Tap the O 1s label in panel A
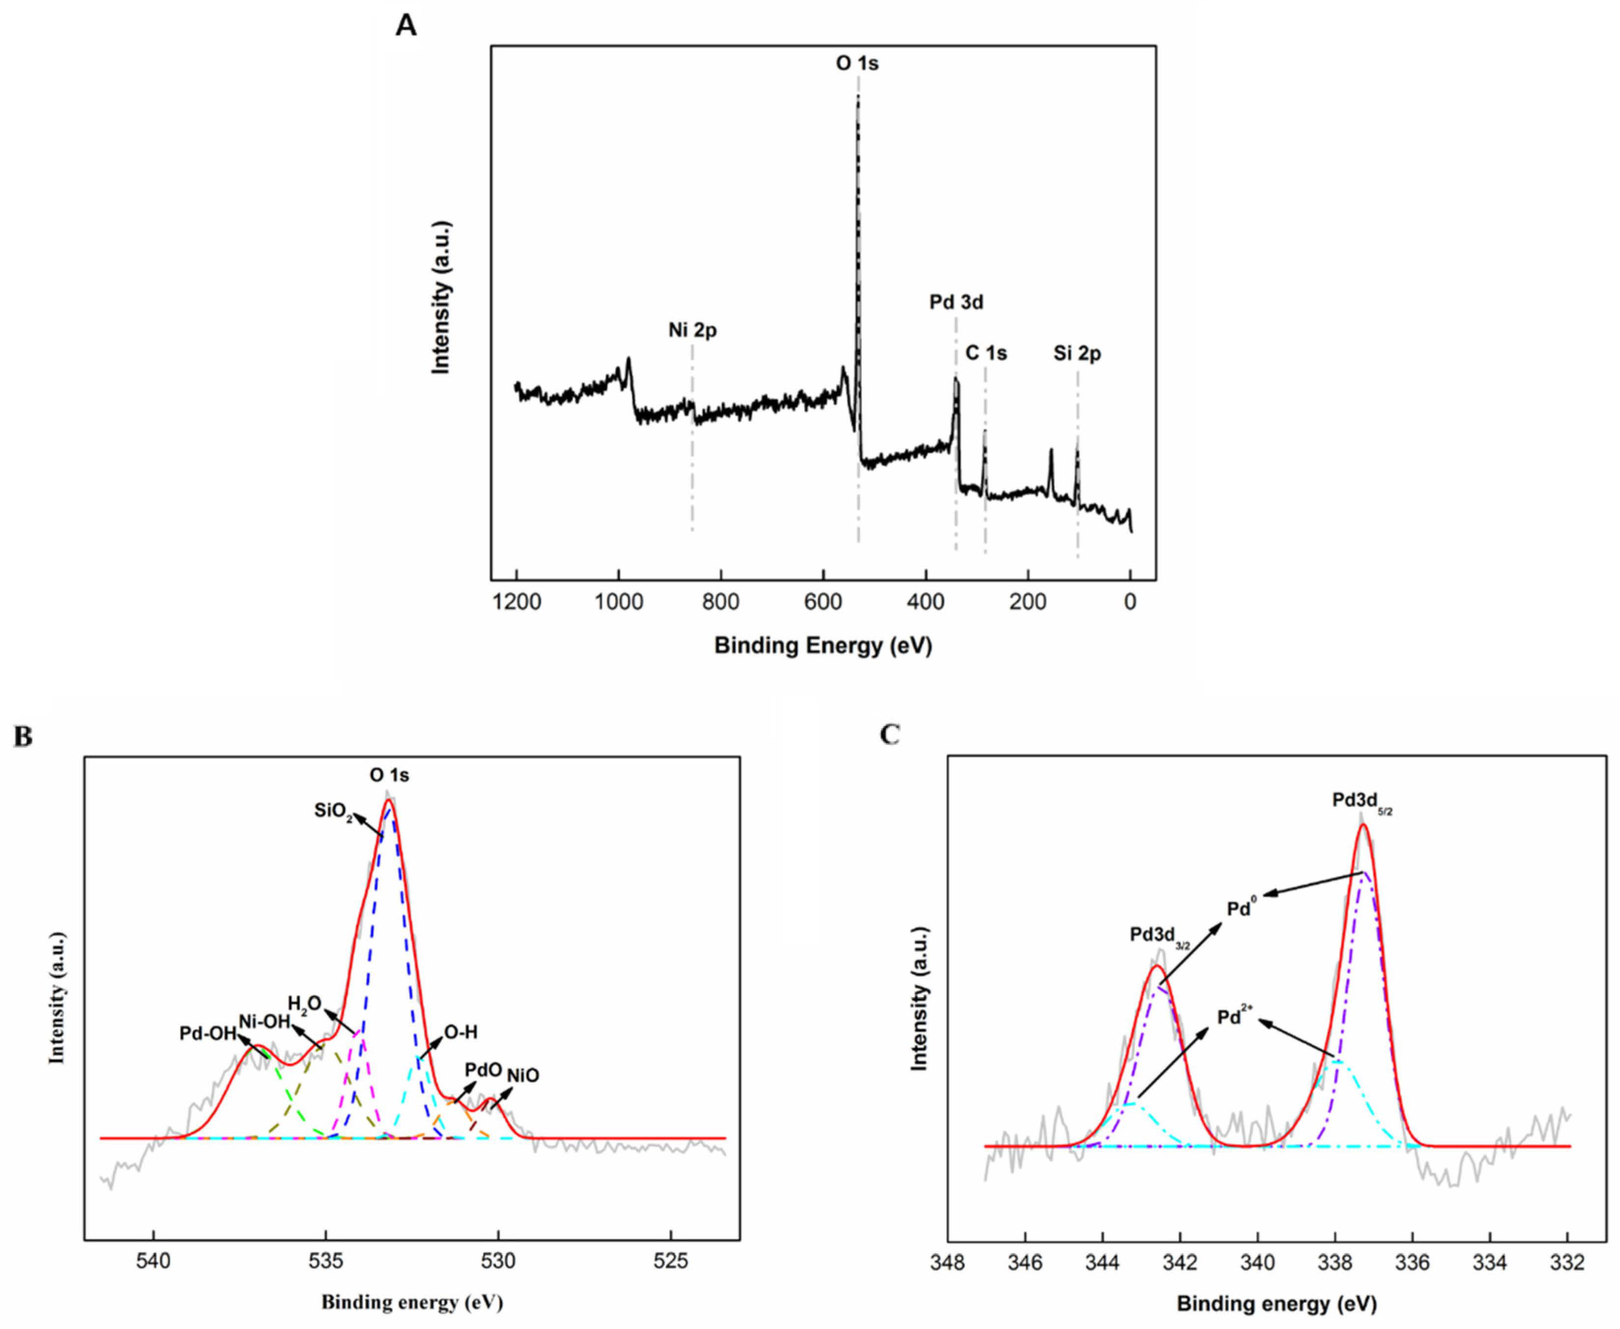(857, 63)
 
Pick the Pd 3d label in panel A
(956, 303)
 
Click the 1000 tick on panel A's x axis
(619, 602)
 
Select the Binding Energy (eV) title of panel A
(823, 646)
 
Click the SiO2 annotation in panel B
(333, 811)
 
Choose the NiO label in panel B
(523, 1076)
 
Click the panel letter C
(890, 735)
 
